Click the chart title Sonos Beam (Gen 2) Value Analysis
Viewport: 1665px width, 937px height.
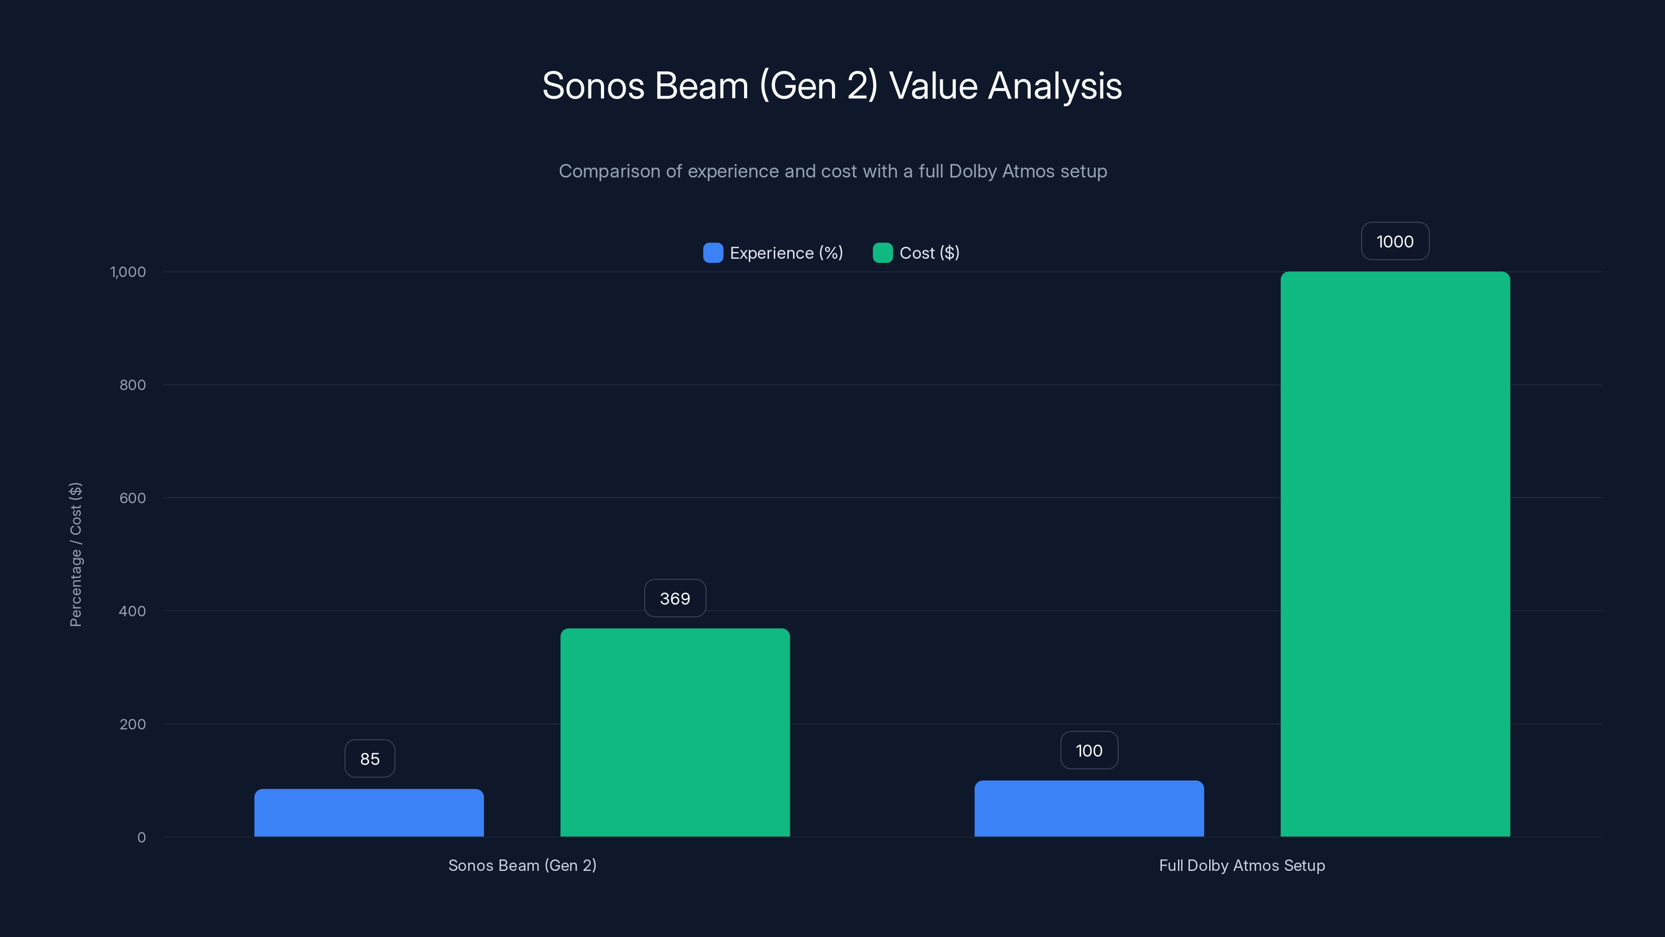832,86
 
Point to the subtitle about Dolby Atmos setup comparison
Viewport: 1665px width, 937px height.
832,171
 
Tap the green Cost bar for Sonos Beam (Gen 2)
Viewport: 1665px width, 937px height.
675,732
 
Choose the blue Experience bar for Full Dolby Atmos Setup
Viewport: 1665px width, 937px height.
1089,808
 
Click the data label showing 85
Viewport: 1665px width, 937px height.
370,758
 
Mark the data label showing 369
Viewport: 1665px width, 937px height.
675,598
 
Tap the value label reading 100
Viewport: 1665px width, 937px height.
1089,750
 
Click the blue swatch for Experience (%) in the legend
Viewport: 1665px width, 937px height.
713,253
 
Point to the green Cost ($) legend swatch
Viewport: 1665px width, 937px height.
882,253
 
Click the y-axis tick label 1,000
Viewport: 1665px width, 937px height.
128,272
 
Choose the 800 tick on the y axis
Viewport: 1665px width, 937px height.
133,385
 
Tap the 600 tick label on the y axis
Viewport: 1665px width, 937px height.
133,498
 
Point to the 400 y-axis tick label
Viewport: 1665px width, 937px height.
133,611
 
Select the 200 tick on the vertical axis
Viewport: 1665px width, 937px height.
133,724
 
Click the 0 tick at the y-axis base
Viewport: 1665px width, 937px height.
142,838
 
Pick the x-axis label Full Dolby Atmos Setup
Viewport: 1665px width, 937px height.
1241,865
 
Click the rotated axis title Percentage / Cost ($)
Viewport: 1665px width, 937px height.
75,554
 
